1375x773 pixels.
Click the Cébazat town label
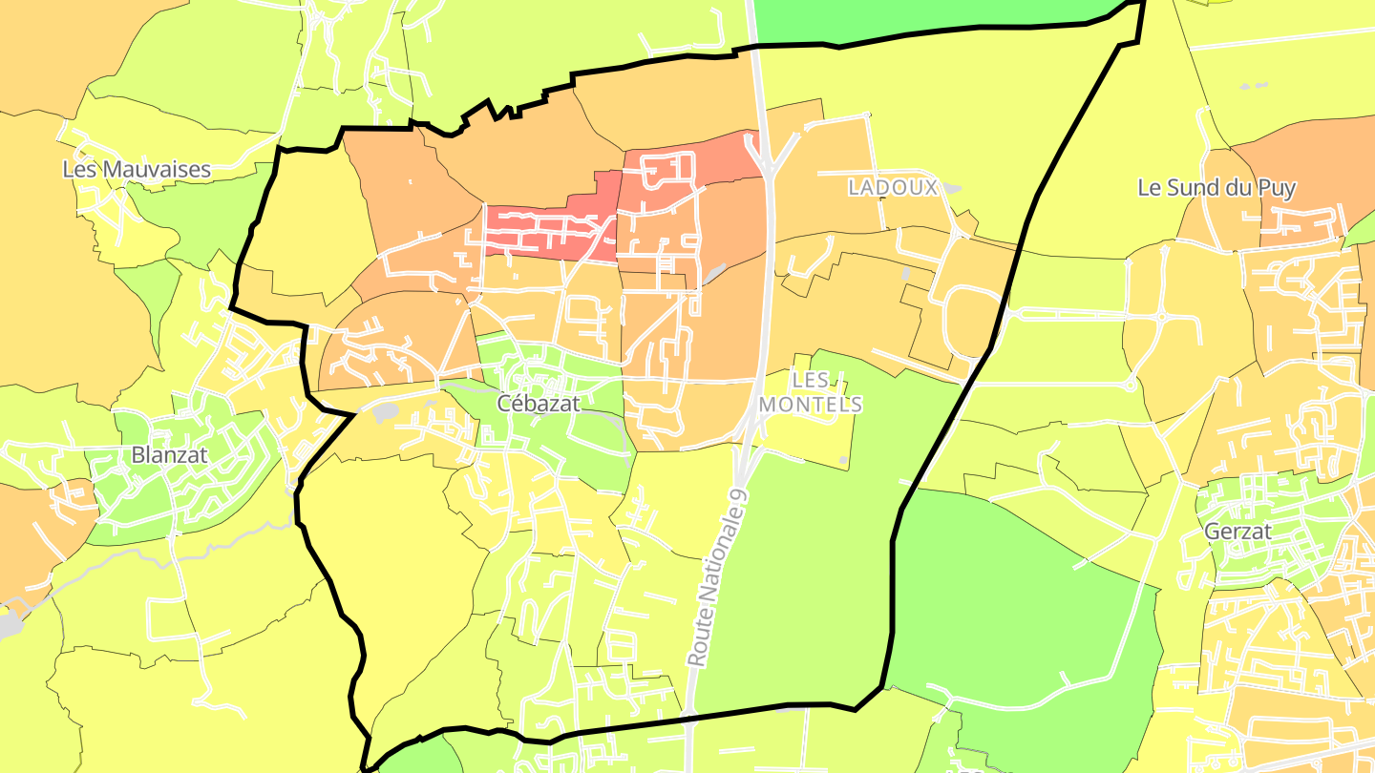[539, 404]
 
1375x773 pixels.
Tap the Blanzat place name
[169, 454]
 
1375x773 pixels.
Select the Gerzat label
[1237, 532]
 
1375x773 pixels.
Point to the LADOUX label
[893, 187]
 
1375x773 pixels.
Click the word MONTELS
[811, 405]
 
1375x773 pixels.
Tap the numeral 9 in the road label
[737, 495]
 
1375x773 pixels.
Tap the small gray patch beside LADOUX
[951, 190]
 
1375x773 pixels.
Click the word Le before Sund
[1149, 187]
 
